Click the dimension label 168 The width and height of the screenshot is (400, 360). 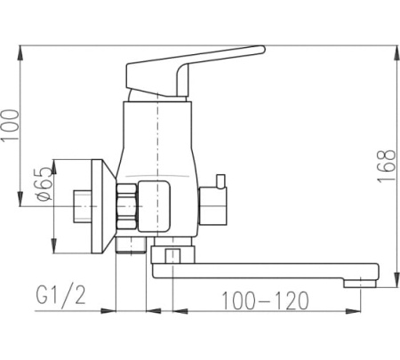coord(387,166)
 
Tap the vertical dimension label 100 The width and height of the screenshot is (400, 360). coord(11,125)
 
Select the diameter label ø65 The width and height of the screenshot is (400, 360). coord(44,184)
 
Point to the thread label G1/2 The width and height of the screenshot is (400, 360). coord(60,294)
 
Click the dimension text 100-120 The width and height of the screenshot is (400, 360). coord(265,300)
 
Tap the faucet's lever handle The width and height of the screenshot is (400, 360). coord(189,71)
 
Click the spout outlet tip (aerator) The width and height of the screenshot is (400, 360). coord(360,284)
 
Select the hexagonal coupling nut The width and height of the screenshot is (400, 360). coord(127,206)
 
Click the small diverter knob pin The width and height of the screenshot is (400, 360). coord(221,181)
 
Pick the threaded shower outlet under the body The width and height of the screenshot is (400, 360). coord(131,245)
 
